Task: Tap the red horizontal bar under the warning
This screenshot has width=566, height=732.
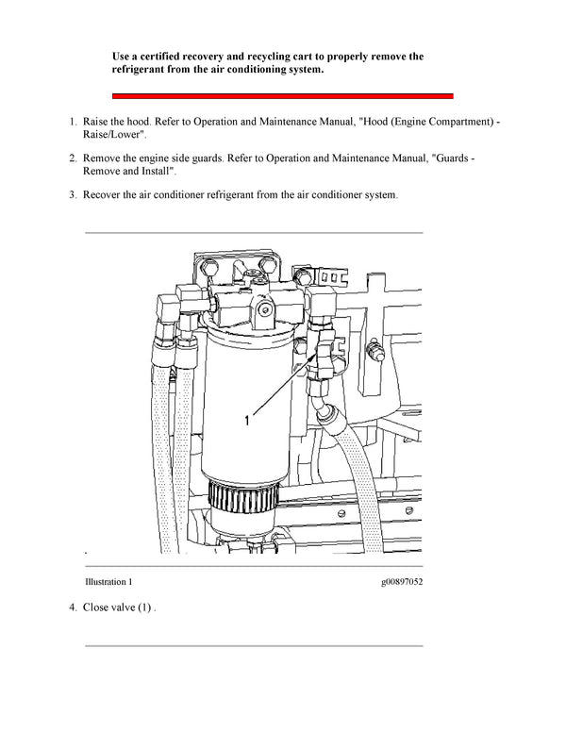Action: pos(283,95)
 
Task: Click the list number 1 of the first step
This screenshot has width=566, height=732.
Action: pos(72,123)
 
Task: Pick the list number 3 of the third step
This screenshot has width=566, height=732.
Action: pos(72,195)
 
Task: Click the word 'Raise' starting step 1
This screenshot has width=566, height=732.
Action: pos(98,123)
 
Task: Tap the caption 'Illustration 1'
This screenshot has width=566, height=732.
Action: pos(108,582)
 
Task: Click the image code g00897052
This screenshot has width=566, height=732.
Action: pos(397,582)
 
